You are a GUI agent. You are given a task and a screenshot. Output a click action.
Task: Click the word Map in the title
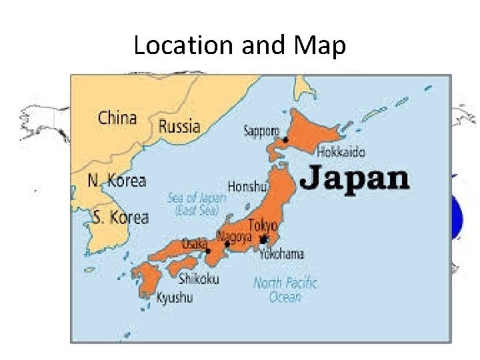click(319, 46)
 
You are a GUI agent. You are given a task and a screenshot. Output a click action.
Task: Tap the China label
click(117, 119)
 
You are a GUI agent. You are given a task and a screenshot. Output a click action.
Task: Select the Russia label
click(179, 125)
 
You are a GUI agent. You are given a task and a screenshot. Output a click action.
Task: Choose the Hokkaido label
click(342, 152)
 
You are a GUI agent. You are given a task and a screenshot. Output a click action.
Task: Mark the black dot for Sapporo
click(285, 140)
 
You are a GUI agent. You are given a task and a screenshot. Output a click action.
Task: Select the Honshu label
click(247, 187)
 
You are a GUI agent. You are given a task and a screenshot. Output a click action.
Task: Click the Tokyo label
click(262, 225)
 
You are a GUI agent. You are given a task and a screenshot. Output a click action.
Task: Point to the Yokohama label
click(282, 253)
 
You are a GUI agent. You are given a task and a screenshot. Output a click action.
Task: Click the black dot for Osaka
click(208, 251)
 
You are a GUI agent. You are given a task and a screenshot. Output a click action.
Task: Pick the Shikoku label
click(198, 279)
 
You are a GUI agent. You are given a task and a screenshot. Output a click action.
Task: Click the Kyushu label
click(175, 298)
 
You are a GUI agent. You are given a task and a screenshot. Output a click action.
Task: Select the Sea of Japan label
click(197, 204)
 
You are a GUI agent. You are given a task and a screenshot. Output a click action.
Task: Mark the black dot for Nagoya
click(227, 244)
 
